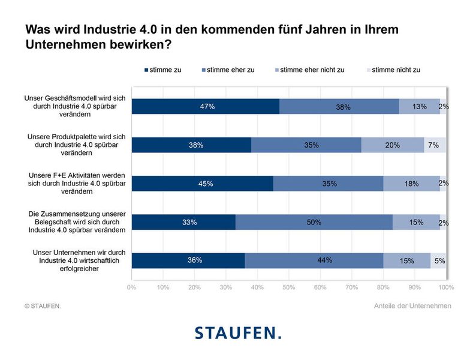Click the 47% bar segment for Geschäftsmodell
(206, 106)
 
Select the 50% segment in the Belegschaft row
(314, 222)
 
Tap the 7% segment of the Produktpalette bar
(435, 145)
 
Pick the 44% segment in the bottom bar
(314, 260)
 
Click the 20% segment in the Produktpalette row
(393, 145)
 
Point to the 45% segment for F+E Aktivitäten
(203, 184)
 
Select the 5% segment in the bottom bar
(438, 260)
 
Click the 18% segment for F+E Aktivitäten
(411, 184)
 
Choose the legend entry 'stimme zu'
(162, 70)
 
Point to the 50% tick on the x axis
(288, 287)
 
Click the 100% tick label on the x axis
(445, 287)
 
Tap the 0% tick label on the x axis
(132, 287)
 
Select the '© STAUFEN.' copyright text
(43, 306)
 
